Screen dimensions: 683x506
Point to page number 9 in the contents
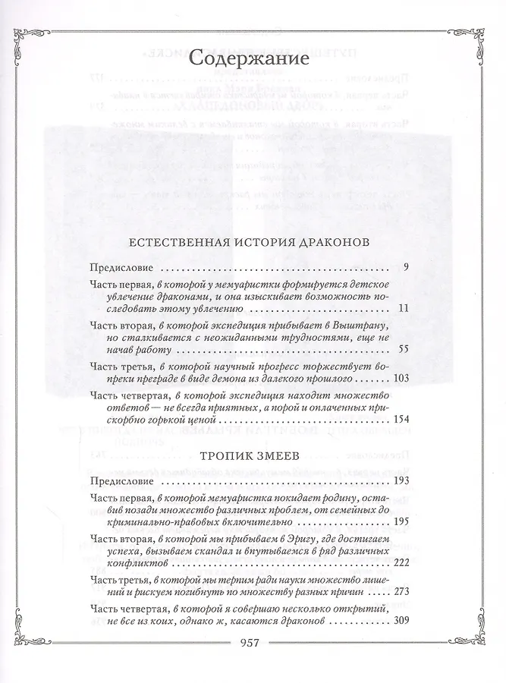coord(407,268)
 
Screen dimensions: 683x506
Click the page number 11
coord(403,309)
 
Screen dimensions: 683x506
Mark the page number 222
coord(399,565)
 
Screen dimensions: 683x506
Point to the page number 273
coord(399,593)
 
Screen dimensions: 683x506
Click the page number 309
coord(399,621)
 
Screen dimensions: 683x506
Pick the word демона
coord(245,378)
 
